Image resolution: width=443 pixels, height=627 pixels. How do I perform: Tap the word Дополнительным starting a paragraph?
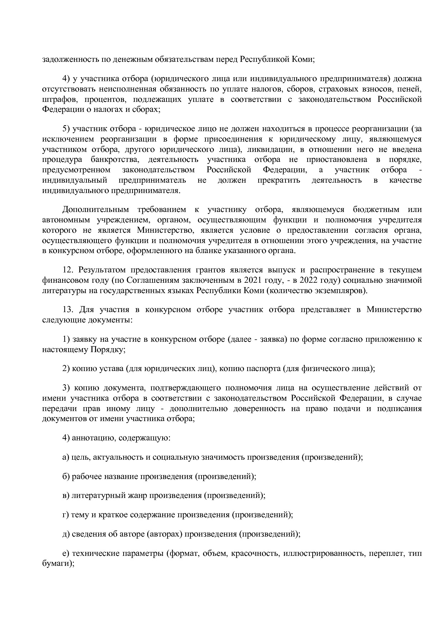click(x=93, y=209)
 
